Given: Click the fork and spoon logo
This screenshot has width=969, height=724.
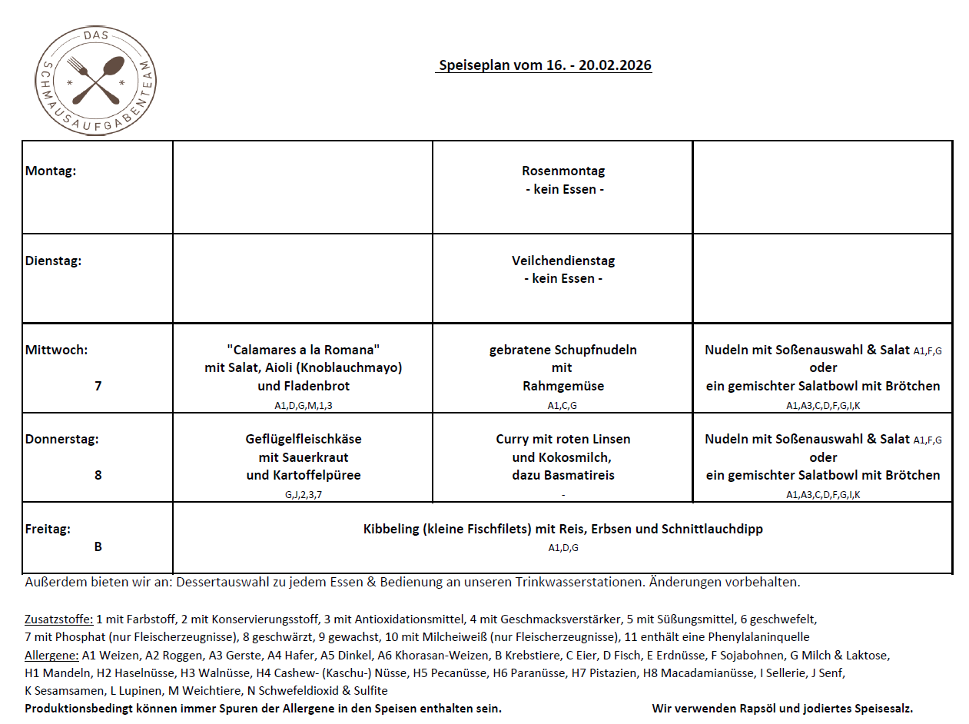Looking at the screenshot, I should pyautogui.click(x=95, y=80).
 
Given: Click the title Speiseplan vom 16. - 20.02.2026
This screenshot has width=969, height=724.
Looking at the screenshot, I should pyautogui.click(x=544, y=65).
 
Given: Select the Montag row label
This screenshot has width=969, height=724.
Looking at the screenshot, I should pyautogui.click(x=51, y=171).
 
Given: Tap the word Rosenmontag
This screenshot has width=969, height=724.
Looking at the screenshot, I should pyautogui.click(x=562, y=171).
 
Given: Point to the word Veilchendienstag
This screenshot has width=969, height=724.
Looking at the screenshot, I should pyautogui.click(x=562, y=261).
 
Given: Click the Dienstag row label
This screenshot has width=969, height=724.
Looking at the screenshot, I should pyautogui.click(x=53, y=261).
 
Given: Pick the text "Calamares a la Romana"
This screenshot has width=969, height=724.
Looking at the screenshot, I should pyautogui.click(x=303, y=350).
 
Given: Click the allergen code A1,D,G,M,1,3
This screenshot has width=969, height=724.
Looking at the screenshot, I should pyautogui.click(x=303, y=405).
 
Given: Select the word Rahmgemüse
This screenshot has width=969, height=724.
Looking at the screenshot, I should pyautogui.click(x=562, y=386).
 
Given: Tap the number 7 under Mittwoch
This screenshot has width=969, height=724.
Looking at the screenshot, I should pyautogui.click(x=98, y=386).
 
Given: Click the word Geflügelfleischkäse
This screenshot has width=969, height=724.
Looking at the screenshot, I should pyautogui.click(x=303, y=439).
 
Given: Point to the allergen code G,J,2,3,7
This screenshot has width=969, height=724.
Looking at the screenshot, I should pyautogui.click(x=303, y=494).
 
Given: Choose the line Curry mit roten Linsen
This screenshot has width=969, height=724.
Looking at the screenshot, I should pyautogui.click(x=562, y=439).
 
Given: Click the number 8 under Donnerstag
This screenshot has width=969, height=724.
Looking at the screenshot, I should pyautogui.click(x=98, y=475).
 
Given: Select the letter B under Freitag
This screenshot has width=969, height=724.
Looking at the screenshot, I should pyautogui.click(x=98, y=546).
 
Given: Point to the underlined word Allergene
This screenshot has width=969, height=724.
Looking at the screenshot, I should pyautogui.click(x=51, y=656).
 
